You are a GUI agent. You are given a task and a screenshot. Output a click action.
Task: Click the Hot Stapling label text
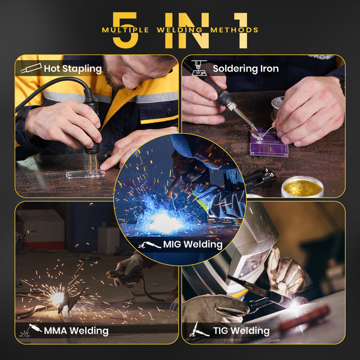pos(73,69)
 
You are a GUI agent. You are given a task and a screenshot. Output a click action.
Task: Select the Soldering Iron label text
pos(245,69)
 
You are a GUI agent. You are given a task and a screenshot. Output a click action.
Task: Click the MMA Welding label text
pos(76,331)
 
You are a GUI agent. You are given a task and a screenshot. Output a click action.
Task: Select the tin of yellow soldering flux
pos(302,187)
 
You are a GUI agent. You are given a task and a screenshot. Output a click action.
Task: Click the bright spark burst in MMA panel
pos(57,297)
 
